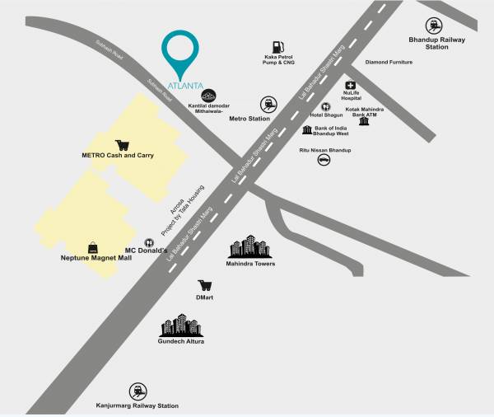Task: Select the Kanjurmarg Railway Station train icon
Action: pyautogui.click(x=137, y=391)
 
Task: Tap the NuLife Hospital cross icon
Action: pyautogui.click(x=351, y=86)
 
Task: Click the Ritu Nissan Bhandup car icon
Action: pyautogui.click(x=324, y=160)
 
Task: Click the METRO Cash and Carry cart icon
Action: pyautogui.click(x=123, y=144)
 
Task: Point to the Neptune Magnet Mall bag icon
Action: pyautogui.click(x=93, y=248)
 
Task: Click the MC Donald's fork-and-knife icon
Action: pyautogui.click(x=149, y=243)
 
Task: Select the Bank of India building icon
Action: pyautogui.click(x=307, y=130)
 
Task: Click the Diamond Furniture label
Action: pyautogui.click(x=389, y=62)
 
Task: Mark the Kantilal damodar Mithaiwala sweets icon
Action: pyautogui.click(x=208, y=96)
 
